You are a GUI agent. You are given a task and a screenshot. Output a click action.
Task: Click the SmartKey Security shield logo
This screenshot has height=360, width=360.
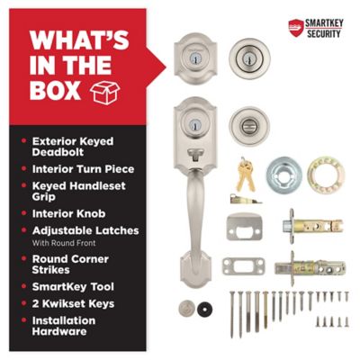point(296,28)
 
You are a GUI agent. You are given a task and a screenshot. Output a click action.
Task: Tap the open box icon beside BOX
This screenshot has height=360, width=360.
point(104,92)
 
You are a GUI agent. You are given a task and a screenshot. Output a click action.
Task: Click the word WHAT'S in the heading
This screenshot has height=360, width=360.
point(79,40)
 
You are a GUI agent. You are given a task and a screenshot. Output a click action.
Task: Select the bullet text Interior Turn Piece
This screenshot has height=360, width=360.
point(83,169)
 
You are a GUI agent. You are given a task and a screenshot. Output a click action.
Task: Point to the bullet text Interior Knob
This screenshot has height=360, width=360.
point(68,213)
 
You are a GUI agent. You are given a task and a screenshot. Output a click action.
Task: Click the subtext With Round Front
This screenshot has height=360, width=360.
point(64,243)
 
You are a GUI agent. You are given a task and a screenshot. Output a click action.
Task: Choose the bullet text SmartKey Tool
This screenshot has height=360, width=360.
point(73,287)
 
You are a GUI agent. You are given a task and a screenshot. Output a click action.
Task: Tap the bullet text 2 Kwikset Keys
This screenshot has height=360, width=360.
point(73,303)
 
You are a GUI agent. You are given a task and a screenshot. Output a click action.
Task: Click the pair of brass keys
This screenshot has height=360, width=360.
point(245,175)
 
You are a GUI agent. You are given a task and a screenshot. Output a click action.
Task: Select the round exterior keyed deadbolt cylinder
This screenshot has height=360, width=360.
point(249,58)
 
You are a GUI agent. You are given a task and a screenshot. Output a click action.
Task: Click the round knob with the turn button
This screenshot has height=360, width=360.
point(249,126)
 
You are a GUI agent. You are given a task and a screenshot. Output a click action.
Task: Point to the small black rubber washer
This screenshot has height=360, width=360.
point(205,308)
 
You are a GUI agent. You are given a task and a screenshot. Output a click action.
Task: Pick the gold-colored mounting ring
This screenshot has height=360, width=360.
point(326,175)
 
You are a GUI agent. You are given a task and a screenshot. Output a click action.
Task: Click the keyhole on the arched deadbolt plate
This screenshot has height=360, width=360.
point(195,57)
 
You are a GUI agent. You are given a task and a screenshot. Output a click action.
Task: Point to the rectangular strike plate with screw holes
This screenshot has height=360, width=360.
point(244,265)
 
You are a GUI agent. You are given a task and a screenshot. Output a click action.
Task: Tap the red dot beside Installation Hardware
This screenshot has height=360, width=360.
point(24,320)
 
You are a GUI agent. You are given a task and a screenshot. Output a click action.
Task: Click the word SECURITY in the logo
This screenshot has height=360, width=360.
point(324,33)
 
